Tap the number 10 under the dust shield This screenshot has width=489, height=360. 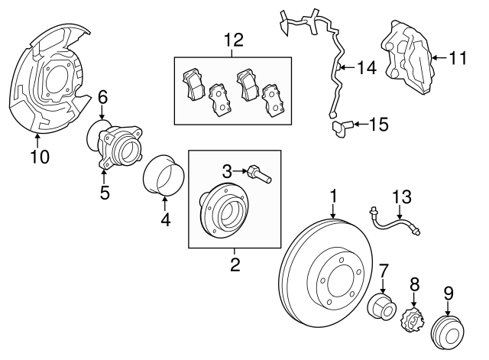(x=39, y=157)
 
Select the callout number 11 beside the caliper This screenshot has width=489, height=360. (x=457, y=57)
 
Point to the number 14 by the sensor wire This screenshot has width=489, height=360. (x=366, y=69)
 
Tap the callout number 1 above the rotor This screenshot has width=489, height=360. (x=333, y=197)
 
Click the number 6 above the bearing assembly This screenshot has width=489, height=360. (x=103, y=97)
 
